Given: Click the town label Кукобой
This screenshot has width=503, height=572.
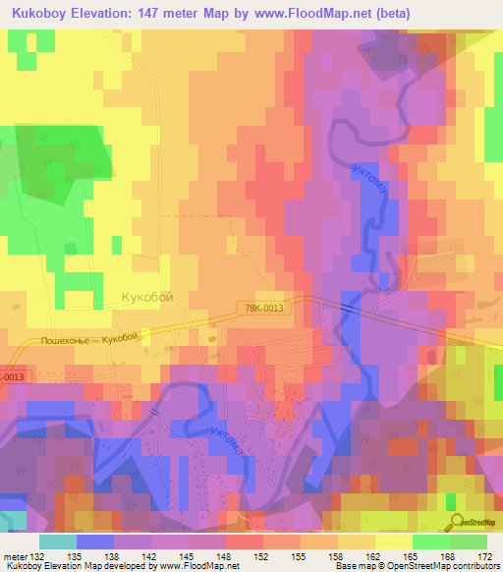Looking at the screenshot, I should click(x=152, y=296).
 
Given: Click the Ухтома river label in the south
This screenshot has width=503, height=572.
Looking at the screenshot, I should click(x=225, y=442).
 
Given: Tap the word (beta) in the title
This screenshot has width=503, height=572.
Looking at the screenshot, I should click(x=389, y=13).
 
